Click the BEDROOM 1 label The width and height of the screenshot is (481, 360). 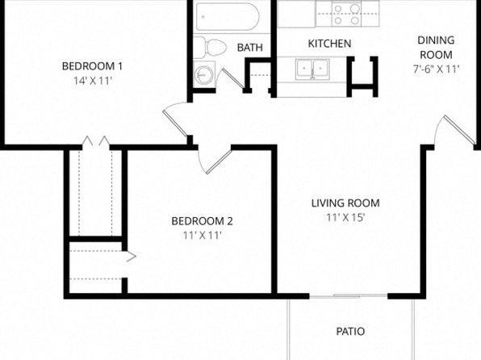click(x=92, y=66)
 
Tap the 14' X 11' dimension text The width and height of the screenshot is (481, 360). click(x=92, y=81)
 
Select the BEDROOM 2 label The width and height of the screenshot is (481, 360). click(x=202, y=221)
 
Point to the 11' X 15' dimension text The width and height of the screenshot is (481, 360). click(x=345, y=217)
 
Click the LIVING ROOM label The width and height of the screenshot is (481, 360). click(x=345, y=203)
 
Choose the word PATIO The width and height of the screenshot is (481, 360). click(x=350, y=332)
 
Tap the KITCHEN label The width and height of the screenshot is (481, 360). click(x=329, y=44)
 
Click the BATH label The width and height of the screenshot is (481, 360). click(x=250, y=48)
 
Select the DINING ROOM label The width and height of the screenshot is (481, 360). click(x=436, y=48)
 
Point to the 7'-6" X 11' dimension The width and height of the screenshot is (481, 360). click(x=436, y=69)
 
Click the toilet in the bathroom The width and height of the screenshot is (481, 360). click(x=210, y=48)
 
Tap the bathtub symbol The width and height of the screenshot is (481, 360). click(x=228, y=17)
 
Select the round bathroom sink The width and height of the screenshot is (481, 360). click(x=203, y=74)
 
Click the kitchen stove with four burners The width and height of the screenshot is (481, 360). click(x=347, y=14)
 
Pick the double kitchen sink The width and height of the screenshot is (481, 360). click(x=312, y=69)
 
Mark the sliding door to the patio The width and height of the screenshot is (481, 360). click(x=348, y=296)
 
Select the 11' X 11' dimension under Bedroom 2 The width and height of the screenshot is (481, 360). click(x=202, y=236)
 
